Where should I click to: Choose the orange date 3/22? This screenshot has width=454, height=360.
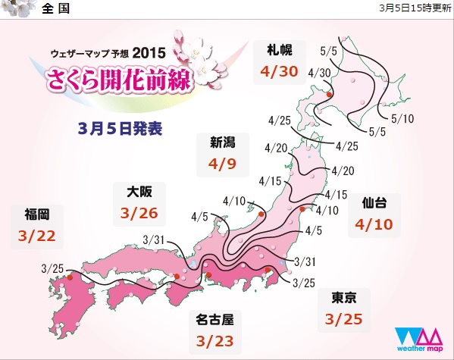[x=35, y=236]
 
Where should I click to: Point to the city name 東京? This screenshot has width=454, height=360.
[x=338, y=296]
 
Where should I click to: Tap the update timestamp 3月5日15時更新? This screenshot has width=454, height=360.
[x=414, y=8]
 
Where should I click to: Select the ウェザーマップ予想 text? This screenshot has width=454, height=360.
[x=89, y=54]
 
